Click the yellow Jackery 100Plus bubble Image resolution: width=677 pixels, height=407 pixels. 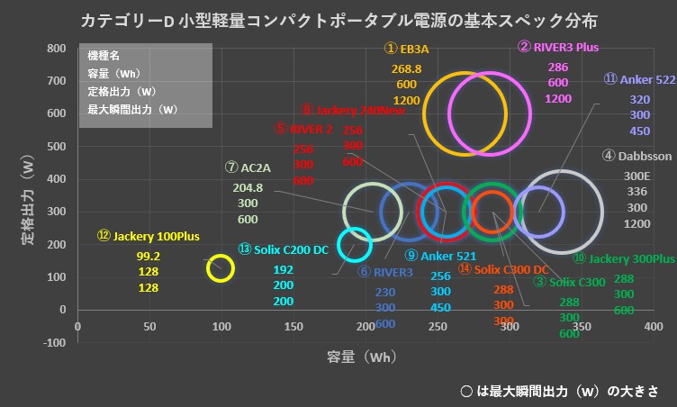(x=221, y=268)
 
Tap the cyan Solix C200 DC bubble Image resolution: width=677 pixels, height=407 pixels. (x=354, y=244)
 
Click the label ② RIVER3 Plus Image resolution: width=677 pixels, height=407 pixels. (x=558, y=47)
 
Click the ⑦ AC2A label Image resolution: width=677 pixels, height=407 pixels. (x=248, y=167)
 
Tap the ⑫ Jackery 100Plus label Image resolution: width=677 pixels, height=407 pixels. (x=149, y=236)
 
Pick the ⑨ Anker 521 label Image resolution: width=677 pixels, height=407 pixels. (x=440, y=257)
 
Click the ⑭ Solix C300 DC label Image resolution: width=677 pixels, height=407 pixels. (x=503, y=268)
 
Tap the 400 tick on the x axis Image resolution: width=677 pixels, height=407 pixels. (x=654, y=326)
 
